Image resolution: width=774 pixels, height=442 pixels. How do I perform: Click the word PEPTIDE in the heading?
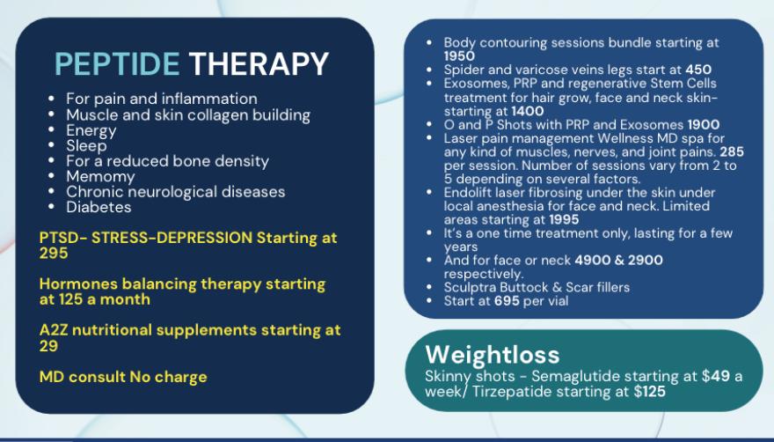pyautogui.click(x=117, y=63)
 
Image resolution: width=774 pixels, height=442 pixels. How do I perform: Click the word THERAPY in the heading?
pyautogui.click(x=259, y=63)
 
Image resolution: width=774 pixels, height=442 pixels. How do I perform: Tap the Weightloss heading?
pyautogui.click(x=493, y=355)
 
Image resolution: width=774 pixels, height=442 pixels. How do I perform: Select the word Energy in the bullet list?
pyautogui.click(x=91, y=131)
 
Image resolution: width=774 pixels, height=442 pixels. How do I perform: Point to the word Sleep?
pyautogui.click(x=86, y=146)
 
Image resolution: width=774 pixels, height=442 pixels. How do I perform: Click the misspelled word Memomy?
pyautogui.click(x=100, y=176)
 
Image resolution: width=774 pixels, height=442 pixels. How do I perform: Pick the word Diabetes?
pyautogui.click(x=99, y=207)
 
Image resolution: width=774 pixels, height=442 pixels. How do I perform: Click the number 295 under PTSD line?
pyautogui.click(x=54, y=253)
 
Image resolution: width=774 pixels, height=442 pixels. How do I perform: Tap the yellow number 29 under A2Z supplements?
pyautogui.click(x=49, y=346)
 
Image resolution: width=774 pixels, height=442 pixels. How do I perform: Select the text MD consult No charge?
pyautogui.click(x=123, y=377)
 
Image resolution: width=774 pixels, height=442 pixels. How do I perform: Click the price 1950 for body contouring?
pyautogui.click(x=459, y=55)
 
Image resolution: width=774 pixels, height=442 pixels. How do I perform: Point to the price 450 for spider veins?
pyautogui.click(x=698, y=70)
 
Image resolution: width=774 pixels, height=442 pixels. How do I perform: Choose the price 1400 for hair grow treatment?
pyautogui.click(x=528, y=111)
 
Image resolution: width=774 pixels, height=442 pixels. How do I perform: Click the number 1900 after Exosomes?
pyautogui.click(x=704, y=125)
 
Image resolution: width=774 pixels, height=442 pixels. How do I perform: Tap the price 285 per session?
pyautogui.click(x=732, y=151)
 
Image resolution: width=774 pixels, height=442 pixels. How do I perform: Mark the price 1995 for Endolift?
pyautogui.click(x=564, y=219)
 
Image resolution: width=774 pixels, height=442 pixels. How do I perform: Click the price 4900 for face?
pyautogui.click(x=592, y=260)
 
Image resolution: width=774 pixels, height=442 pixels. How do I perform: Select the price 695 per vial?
pyautogui.click(x=507, y=300)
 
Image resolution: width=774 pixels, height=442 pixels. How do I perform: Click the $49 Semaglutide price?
pyautogui.click(x=716, y=376)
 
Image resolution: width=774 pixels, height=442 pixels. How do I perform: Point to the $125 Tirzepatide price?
pyautogui.click(x=650, y=392)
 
